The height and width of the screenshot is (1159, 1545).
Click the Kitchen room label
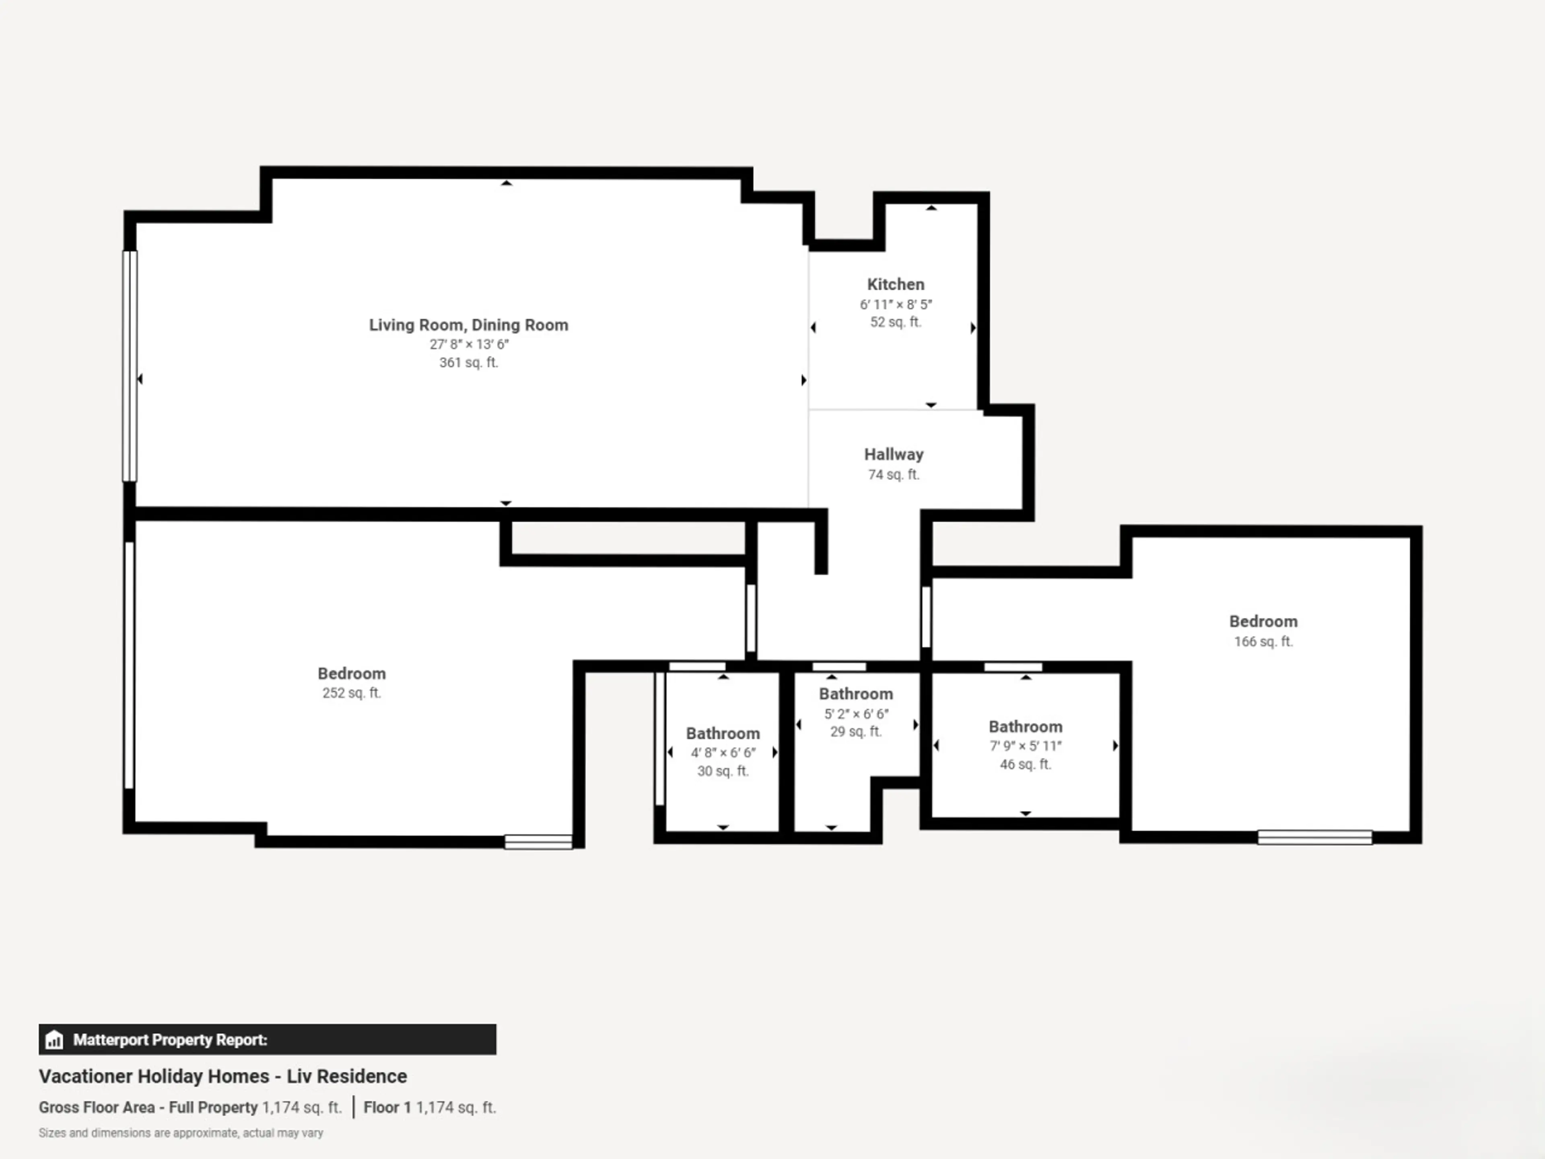896,285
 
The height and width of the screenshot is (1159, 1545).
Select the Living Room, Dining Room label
469,325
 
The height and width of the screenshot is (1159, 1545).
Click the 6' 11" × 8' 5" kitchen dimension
896,305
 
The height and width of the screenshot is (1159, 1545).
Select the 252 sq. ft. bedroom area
351,693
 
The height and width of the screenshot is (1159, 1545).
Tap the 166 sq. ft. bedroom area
1263,641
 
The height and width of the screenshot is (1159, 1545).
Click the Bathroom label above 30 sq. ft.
723,734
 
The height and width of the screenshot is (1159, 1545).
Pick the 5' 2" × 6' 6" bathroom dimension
856,714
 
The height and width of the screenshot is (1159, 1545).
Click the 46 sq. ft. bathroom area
1025,764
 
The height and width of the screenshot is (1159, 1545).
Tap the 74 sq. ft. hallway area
894,475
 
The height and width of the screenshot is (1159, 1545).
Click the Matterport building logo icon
54,1040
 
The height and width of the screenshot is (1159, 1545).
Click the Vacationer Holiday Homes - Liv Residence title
223,1077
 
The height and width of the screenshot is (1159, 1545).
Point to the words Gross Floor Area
97,1107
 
